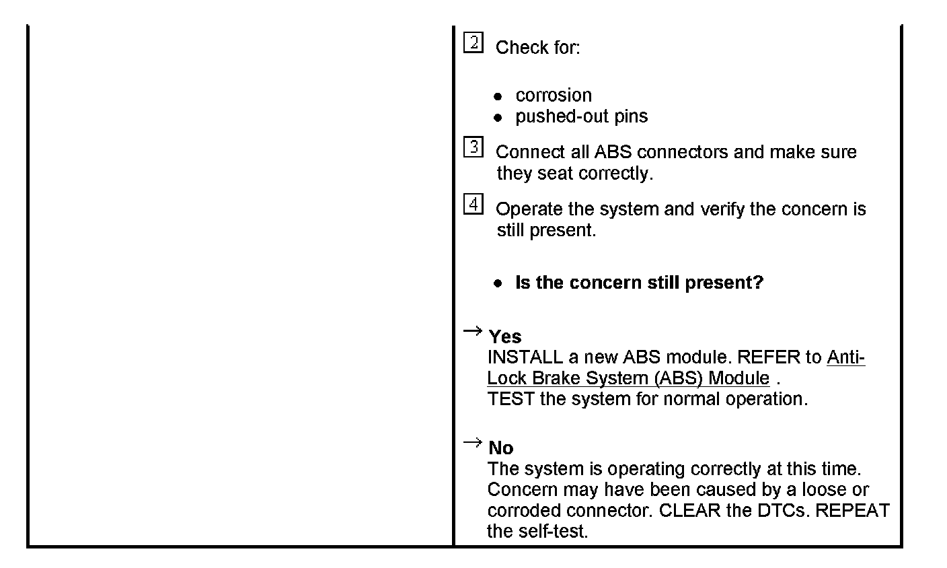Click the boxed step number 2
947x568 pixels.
473,44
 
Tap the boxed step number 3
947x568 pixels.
473,147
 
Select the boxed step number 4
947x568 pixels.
473,204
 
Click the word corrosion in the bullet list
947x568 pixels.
554,96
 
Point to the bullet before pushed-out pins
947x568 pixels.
498,117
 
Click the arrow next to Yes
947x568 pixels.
473,330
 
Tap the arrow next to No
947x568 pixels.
473,442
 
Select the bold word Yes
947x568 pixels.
504,336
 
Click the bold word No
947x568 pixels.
500,448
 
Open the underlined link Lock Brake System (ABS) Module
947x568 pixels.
628,378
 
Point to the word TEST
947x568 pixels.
510,399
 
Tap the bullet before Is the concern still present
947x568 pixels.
498,283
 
